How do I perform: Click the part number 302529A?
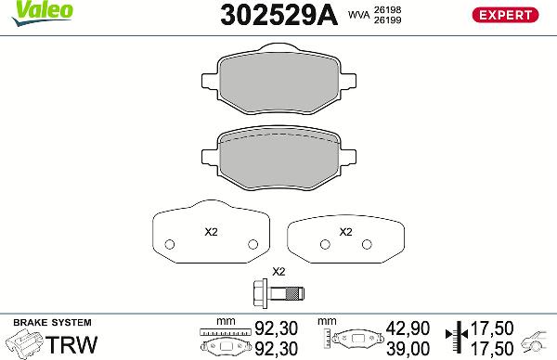pyautogui.click(x=276, y=15)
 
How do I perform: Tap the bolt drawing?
pyautogui.click(x=278, y=295)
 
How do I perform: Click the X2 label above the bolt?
pyautogui.click(x=278, y=273)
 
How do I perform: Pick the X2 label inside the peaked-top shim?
pyautogui.click(x=212, y=232)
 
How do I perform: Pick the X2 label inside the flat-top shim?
pyautogui.click(x=345, y=232)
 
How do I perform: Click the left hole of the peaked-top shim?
pyautogui.click(x=169, y=246)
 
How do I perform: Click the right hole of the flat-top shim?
pyautogui.click(x=369, y=245)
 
